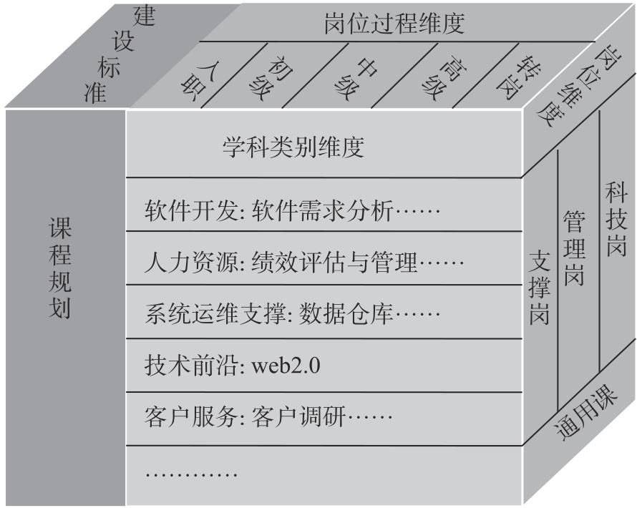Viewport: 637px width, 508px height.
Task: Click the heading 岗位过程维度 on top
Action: (x=394, y=23)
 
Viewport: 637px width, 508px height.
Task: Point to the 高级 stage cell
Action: (x=444, y=78)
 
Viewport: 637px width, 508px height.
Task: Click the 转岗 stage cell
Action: (x=515, y=77)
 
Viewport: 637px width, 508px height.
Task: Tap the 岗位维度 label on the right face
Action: (x=572, y=86)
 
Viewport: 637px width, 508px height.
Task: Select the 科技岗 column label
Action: (x=616, y=219)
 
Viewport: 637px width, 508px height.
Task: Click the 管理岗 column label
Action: (x=574, y=248)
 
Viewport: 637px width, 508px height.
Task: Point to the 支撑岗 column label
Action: (x=540, y=287)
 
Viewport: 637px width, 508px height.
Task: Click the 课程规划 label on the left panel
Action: (x=60, y=268)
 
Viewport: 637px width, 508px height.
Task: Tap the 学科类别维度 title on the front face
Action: (x=293, y=147)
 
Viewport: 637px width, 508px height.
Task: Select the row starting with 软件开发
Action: (x=292, y=210)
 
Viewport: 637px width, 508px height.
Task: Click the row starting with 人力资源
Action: (x=304, y=262)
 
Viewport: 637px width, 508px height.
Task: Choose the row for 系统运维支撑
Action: (x=292, y=314)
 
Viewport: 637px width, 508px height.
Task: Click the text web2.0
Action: (x=286, y=366)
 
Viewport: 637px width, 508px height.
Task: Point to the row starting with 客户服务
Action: (x=268, y=417)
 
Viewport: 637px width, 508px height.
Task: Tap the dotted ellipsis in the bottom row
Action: (x=191, y=474)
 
